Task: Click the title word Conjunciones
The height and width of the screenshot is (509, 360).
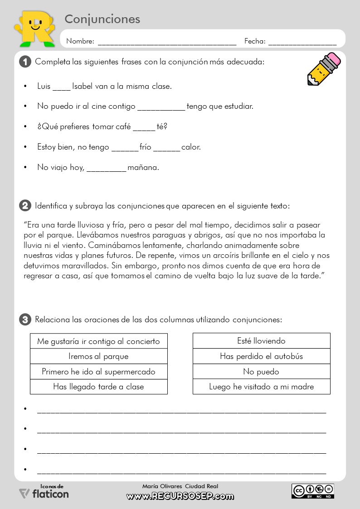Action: pos(102,19)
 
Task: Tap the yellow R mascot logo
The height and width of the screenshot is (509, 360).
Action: pos(34,27)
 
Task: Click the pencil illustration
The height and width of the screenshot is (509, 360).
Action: pos(323,69)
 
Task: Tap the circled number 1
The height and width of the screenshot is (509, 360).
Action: pos(25,62)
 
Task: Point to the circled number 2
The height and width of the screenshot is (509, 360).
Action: pos(25,206)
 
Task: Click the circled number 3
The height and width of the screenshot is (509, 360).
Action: pos(25,320)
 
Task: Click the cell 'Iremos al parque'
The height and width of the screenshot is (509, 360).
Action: pos(98,356)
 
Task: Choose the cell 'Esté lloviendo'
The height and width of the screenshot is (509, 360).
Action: pos(261,341)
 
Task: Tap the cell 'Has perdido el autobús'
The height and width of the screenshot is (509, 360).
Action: pos(261,356)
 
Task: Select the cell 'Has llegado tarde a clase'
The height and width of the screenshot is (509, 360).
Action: pos(98,387)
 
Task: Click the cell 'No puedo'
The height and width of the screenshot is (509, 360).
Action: pos(261,372)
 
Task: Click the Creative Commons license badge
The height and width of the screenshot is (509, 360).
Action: pos(313,491)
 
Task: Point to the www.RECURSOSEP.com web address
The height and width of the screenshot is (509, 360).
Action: pos(180,496)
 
